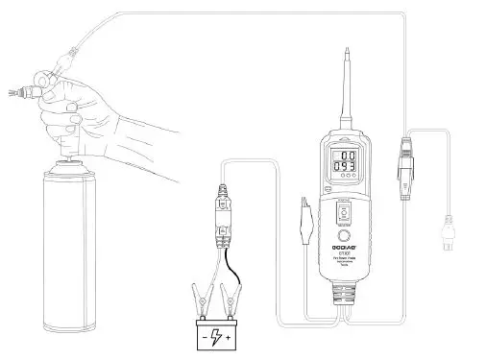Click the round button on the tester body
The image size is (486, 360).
(x=344, y=235)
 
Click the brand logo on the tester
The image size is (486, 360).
(x=344, y=256)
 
